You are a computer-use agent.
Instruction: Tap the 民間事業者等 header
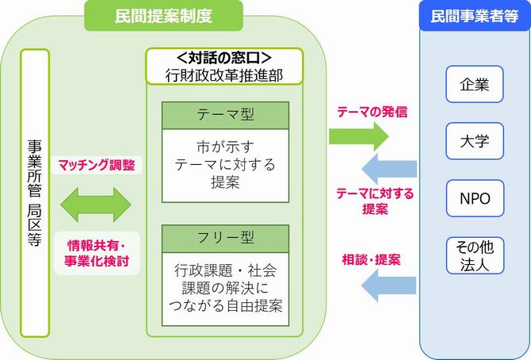pyautogui.click(x=475, y=15)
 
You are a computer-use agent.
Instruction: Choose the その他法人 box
pyautogui.click(x=475, y=255)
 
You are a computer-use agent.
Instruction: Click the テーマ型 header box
pyautogui.click(x=225, y=115)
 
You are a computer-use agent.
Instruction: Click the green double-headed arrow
pyautogui.click(x=97, y=204)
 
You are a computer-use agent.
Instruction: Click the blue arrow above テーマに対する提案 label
pyautogui.click(x=389, y=168)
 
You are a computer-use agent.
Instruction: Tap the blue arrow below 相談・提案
pyautogui.click(x=389, y=282)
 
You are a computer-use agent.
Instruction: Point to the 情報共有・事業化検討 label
pyautogui.click(x=97, y=253)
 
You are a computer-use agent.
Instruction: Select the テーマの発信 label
pyautogui.click(x=372, y=112)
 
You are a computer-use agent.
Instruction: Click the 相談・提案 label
pyautogui.click(x=371, y=259)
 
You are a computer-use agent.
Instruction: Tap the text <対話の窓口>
pyautogui.click(x=223, y=58)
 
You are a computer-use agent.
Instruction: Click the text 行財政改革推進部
pyautogui.click(x=223, y=75)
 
